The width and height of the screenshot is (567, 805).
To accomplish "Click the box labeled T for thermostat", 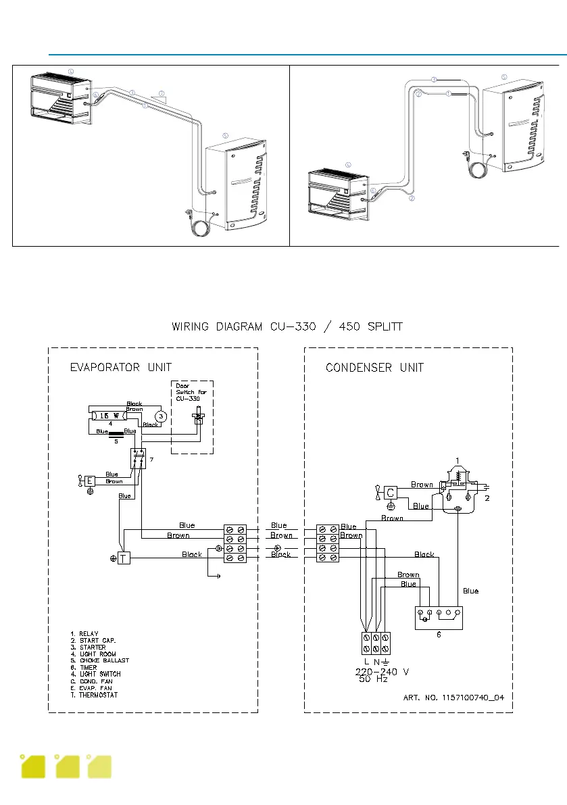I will (x=124, y=558).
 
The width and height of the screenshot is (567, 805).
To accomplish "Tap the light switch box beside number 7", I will (x=139, y=458).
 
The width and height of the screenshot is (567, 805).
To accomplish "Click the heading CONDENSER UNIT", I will (x=374, y=368).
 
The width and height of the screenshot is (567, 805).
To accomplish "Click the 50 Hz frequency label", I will (x=372, y=679).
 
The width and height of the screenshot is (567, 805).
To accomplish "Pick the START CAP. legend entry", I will (x=97, y=641).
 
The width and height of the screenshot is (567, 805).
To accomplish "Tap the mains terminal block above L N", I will (x=374, y=638).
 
